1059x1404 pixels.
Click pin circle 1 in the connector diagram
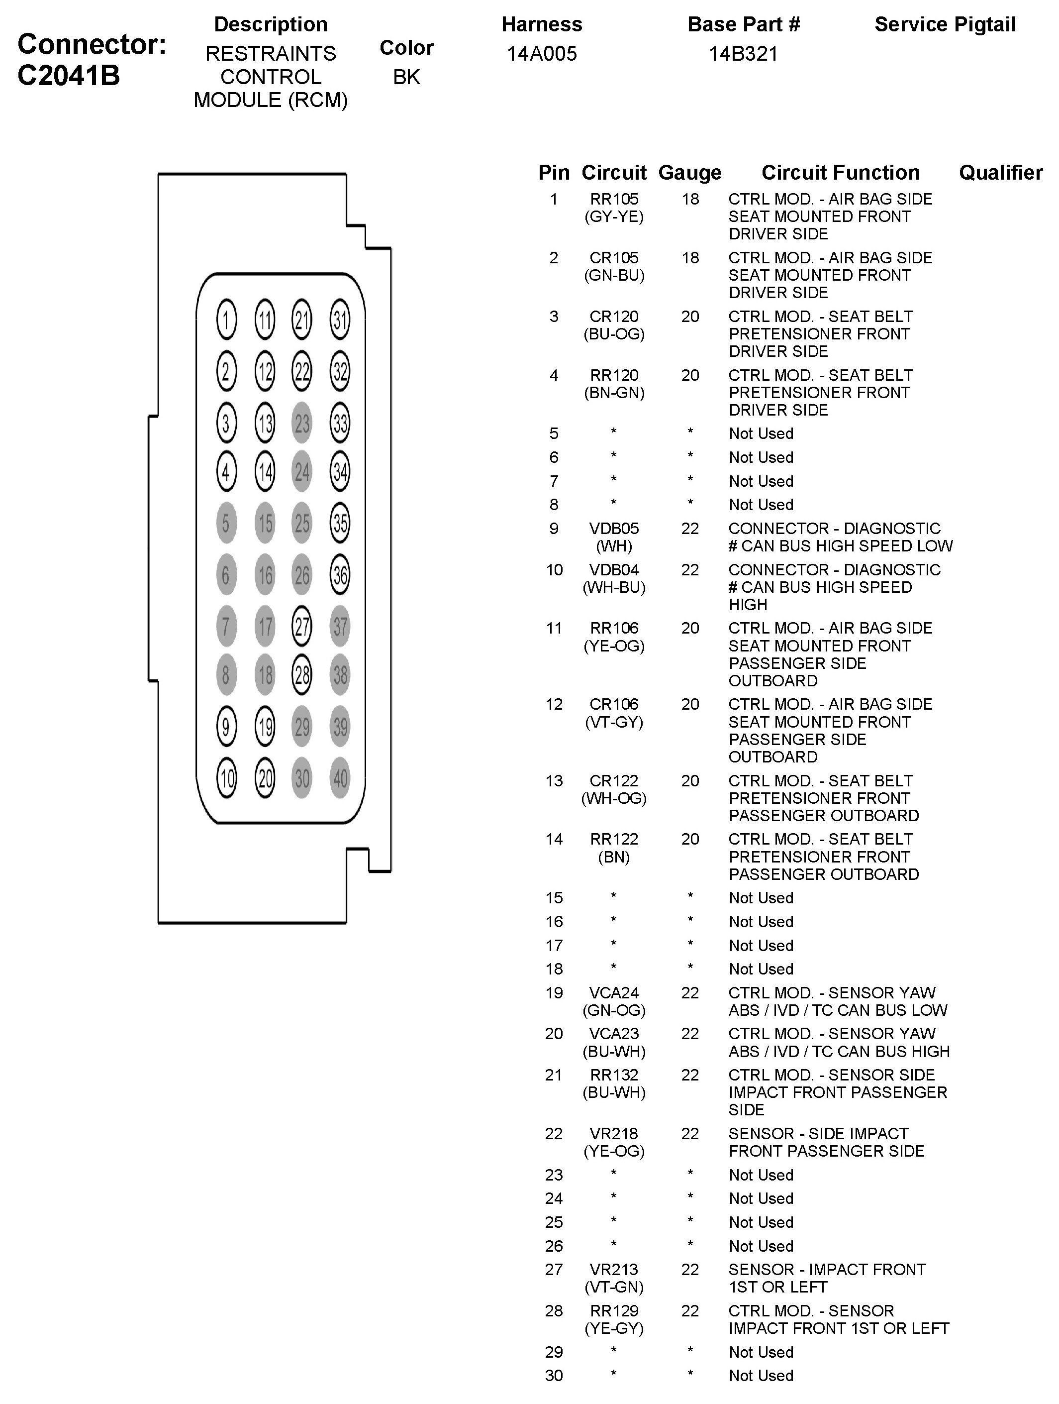[226, 319]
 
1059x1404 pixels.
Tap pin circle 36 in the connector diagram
[340, 575]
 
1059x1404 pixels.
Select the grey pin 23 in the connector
[302, 423]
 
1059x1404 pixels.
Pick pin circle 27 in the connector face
[302, 627]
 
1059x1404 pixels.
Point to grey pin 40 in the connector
[340, 778]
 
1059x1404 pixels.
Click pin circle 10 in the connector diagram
[226, 778]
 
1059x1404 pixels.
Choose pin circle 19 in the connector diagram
[265, 726]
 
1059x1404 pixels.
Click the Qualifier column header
[1000, 173]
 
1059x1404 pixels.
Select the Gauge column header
[690, 173]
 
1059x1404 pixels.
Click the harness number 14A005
[541, 54]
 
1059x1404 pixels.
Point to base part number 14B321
[743, 54]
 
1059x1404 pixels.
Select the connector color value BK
[406, 77]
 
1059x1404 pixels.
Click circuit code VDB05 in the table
[614, 529]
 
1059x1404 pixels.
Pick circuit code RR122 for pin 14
[614, 839]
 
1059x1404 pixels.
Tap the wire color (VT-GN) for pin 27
[614, 1287]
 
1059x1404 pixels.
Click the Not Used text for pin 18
[761, 969]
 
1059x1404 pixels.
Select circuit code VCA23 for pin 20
[614, 1034]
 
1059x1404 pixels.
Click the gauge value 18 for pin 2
[690, 258]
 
